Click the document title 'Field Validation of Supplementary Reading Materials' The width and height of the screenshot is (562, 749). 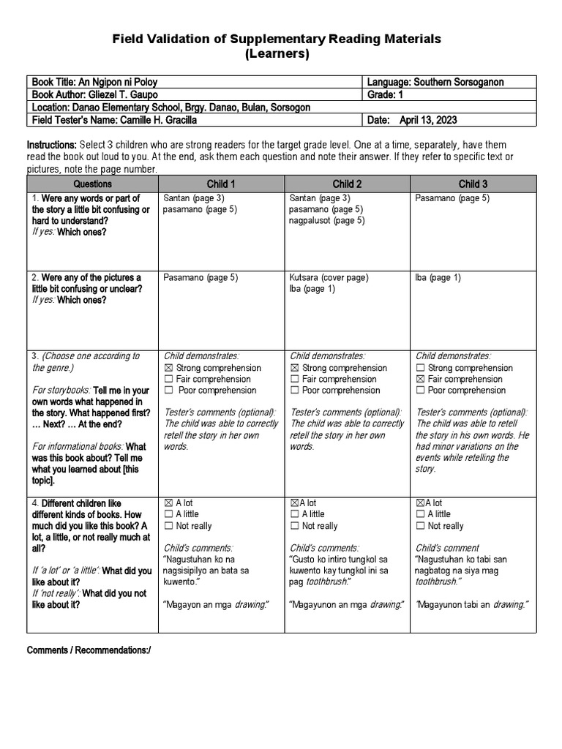point(281,39)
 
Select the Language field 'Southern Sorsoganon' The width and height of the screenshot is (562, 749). point(441,83)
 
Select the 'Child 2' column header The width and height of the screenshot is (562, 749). point(347,184)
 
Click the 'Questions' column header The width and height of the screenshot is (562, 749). point(93,184)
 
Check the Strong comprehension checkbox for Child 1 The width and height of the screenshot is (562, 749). point(168,368)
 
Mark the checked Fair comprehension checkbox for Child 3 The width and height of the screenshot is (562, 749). point(420,380)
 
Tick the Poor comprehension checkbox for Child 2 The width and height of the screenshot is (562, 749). point(294,391)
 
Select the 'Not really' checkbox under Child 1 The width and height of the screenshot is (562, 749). point(168,526)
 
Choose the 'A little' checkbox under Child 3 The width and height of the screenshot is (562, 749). point(420,514)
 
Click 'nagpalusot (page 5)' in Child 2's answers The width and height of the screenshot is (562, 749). point(327,221)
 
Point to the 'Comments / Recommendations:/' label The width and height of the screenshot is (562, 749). point(89,650)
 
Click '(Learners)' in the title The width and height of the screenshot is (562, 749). point(281,54)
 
